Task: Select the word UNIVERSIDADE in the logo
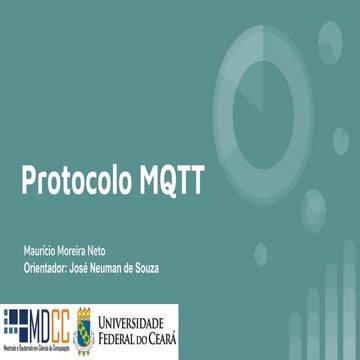point(137,322)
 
